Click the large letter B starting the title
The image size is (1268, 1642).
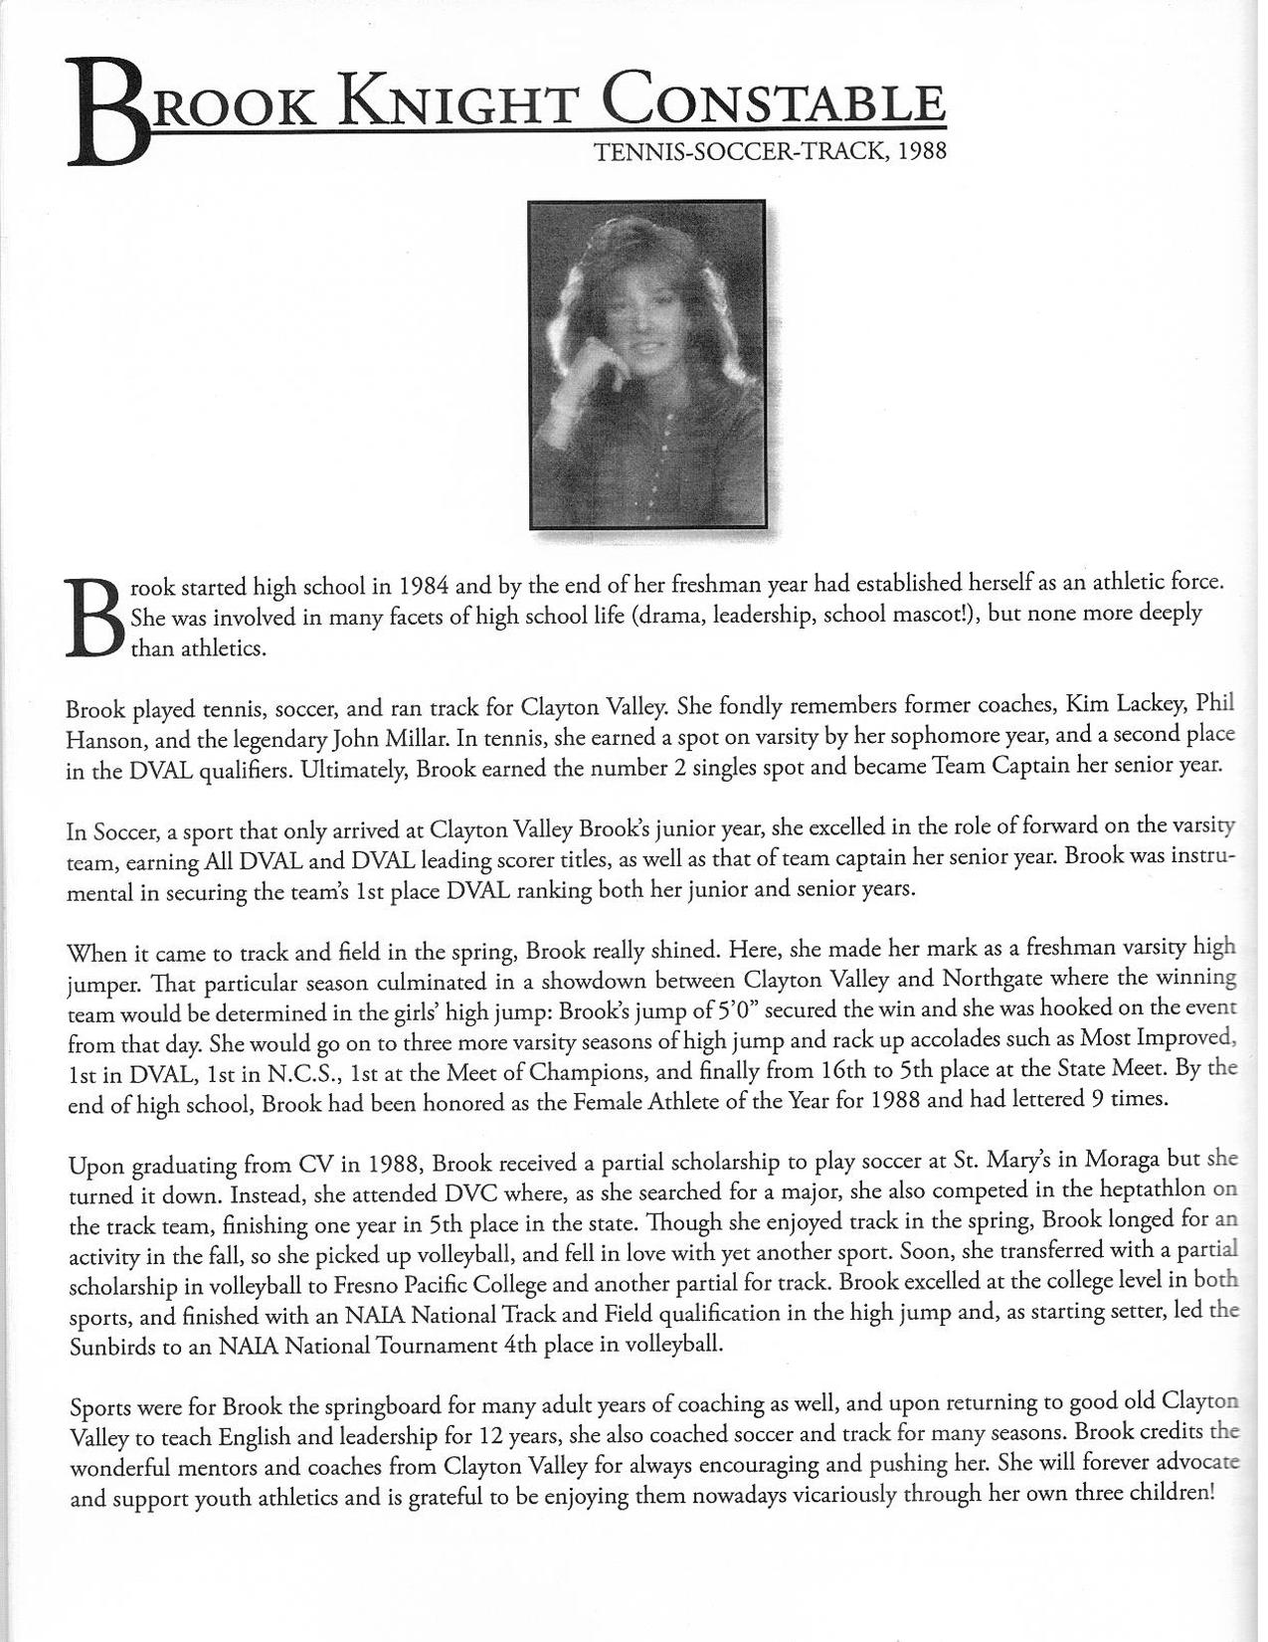106,112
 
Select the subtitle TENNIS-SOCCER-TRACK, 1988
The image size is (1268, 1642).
768,152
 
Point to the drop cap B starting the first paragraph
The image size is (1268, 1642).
93,618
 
